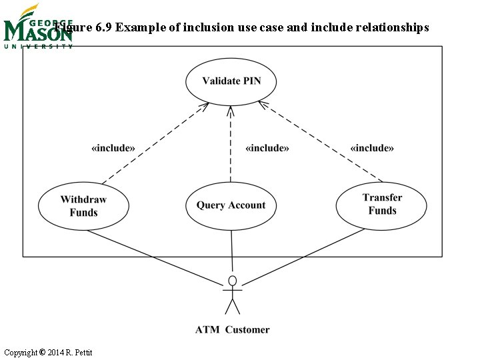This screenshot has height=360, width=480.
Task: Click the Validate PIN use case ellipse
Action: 231,81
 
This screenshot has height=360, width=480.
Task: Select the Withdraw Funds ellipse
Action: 83,205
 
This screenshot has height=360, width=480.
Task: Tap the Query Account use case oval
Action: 231,205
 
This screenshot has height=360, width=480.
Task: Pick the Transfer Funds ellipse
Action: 382,204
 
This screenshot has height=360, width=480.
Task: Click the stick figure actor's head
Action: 232,279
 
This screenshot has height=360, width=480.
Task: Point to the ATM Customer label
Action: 232,329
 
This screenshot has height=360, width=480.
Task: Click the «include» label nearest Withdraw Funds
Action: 113,148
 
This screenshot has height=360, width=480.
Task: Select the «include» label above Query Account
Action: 267,148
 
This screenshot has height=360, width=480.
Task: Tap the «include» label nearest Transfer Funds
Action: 372,148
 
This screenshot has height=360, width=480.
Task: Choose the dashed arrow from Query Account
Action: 231,143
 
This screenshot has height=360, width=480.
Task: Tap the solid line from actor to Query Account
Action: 231,250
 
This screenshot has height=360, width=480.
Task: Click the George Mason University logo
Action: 37,28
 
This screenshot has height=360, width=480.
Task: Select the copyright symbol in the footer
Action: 42,352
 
